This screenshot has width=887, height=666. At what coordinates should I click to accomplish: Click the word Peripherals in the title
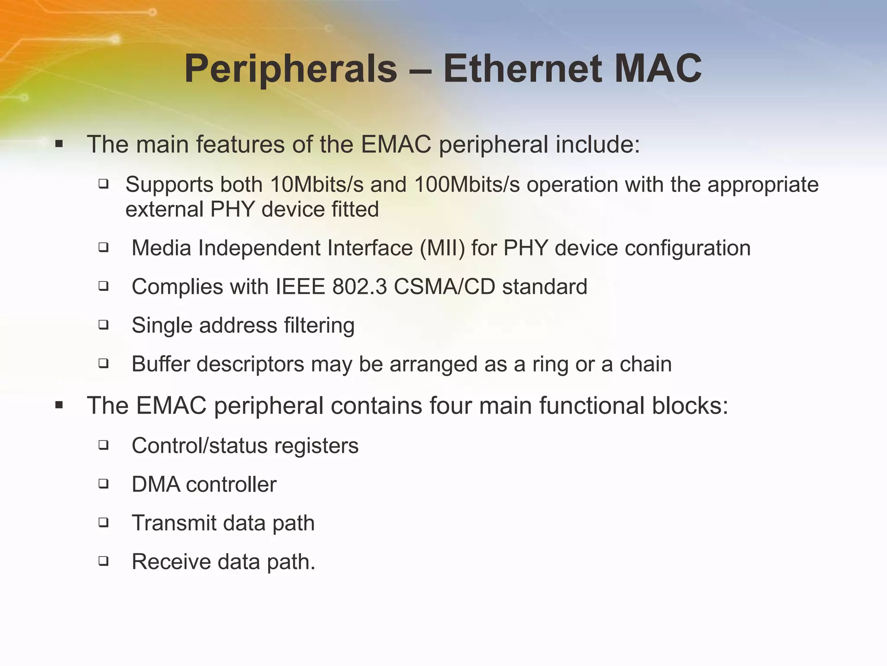[x=291, y=69]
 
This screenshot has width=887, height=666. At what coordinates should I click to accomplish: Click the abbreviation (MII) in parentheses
[x=442, y=248]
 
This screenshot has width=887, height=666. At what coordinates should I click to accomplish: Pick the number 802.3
[x=359, y=287]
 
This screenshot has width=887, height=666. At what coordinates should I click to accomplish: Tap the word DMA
[x=156, y=485]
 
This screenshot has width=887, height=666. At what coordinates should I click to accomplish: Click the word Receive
[x=171, y=562]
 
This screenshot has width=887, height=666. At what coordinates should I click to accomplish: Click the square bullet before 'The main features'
[x=59, y=144]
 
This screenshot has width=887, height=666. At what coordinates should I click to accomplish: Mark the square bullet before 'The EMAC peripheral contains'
[x=59, y=406]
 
